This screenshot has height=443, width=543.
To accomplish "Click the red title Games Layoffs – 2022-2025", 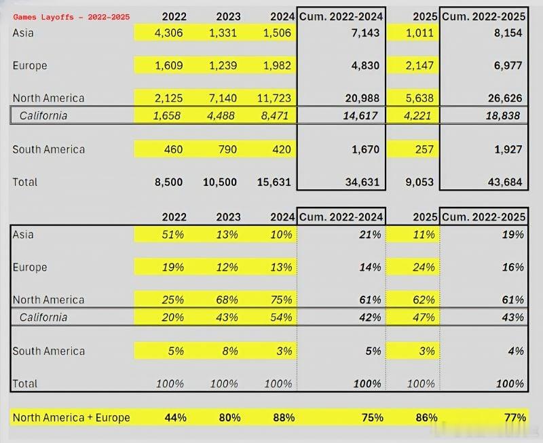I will pos(71,16).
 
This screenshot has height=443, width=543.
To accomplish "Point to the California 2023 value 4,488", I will pos(220,115).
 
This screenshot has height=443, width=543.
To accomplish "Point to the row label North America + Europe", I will pos(71,417).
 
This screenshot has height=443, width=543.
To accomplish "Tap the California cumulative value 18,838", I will pos(502,115).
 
